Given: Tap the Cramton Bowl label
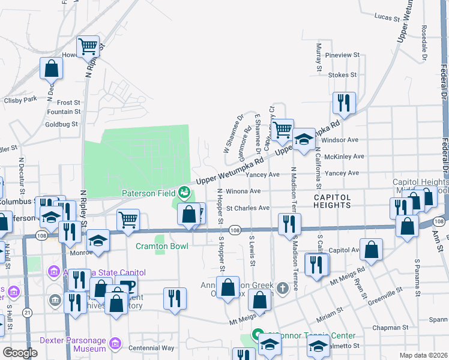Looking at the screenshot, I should click(161, 246).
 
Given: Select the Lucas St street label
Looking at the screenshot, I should click(387, 17).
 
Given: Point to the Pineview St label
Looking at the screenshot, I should click(342, 55).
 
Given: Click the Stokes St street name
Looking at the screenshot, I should click(343, 75).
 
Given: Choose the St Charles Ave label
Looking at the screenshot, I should click(247, 208).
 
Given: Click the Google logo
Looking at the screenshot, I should click(20, 352).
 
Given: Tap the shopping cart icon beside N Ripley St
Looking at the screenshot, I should click(88, 45).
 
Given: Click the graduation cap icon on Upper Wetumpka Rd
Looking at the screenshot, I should click(304, 139).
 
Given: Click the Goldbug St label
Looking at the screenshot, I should click(62, 125).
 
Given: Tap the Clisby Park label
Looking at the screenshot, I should click(21, 98).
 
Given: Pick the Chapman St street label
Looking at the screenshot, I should click(390, 328).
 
